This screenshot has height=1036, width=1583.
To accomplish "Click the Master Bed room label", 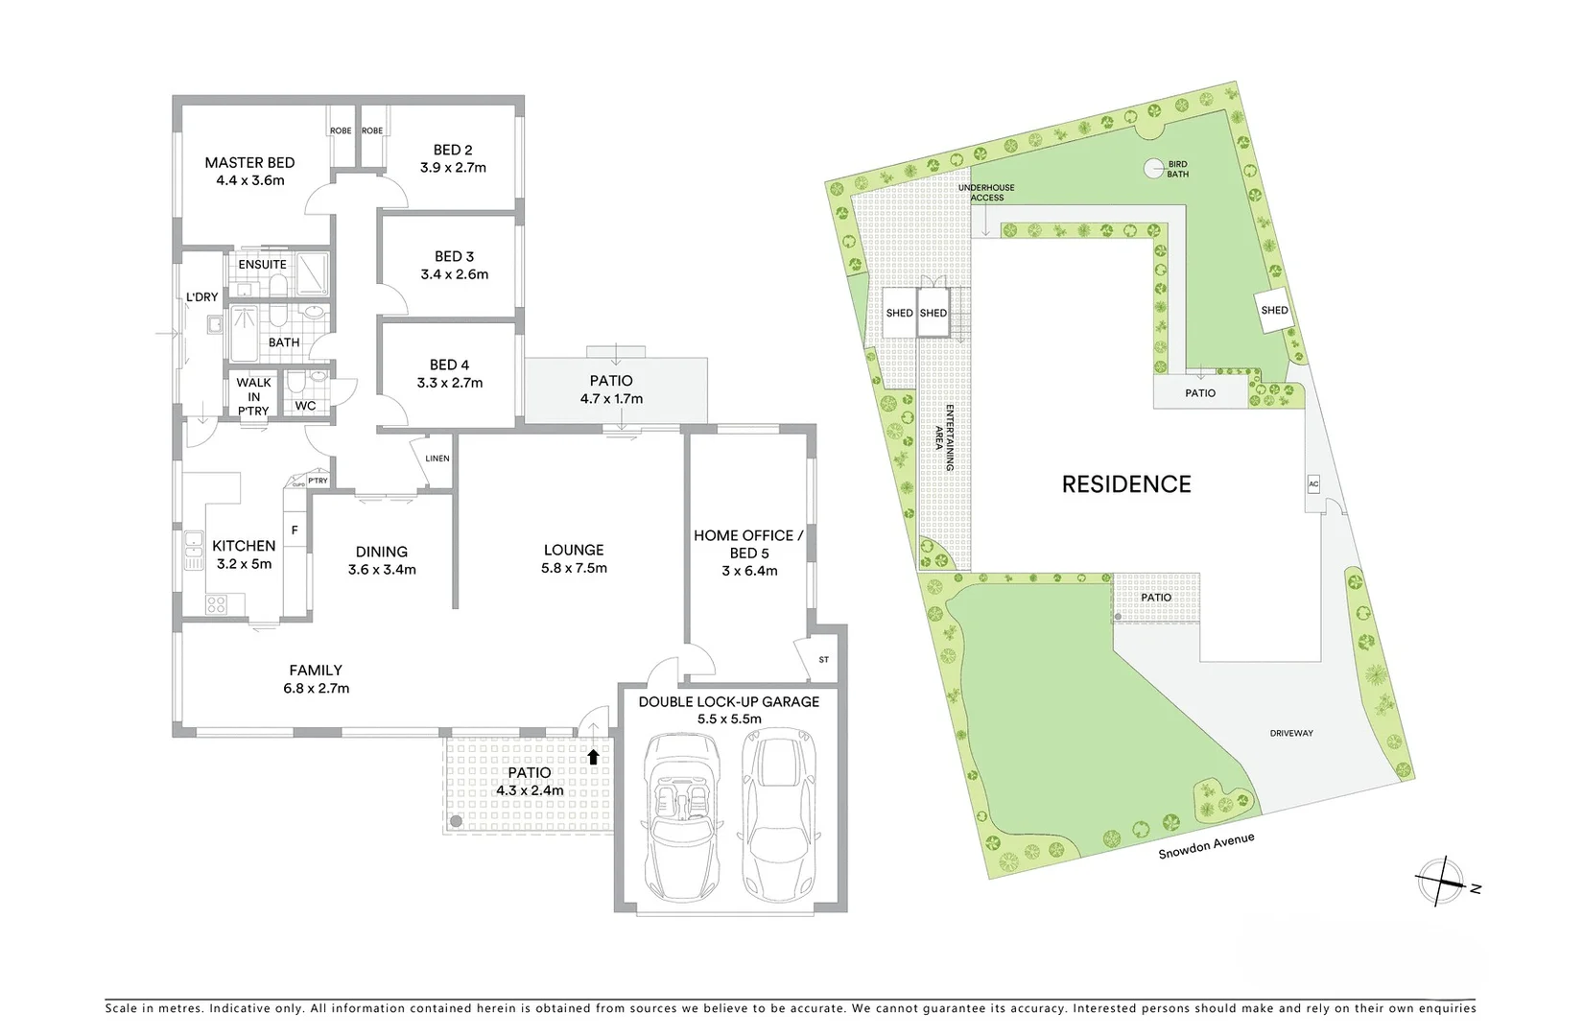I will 249,163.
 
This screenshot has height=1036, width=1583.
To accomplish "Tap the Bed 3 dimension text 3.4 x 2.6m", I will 454,274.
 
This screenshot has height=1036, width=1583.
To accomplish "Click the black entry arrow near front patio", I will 593,757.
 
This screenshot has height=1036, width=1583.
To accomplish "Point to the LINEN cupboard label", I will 437,459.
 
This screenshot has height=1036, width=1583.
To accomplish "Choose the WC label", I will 305,406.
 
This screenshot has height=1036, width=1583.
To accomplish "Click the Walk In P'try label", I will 253,396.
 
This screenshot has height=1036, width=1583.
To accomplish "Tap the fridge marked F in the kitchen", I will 295,530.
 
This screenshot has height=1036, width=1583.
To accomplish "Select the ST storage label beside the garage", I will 823,660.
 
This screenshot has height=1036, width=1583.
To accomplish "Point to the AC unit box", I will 1313,484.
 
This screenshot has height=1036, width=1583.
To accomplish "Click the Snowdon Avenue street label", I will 1206,845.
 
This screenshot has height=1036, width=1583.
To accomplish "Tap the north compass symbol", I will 1441,881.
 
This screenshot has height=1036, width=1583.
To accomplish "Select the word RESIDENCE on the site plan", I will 1126,484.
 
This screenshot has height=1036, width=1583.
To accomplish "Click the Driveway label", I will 1291,733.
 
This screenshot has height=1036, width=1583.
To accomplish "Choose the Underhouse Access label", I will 986,193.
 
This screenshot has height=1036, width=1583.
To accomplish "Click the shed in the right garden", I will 1274,311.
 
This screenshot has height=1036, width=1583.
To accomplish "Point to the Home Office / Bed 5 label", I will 744,544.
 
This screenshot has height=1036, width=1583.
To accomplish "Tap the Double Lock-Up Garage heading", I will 729,702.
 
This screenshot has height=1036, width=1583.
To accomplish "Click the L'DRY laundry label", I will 202,297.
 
